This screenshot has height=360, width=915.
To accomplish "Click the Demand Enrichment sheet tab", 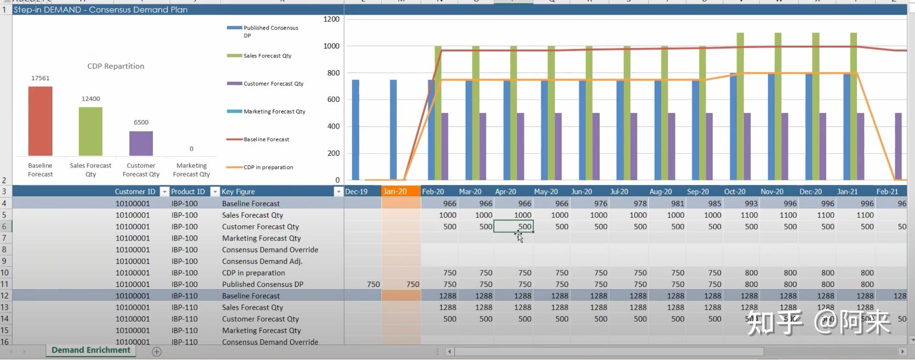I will click(91, 350).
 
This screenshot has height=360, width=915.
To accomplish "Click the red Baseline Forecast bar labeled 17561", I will click(40, 121).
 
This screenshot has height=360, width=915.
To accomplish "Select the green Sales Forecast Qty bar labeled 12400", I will click(91, 131).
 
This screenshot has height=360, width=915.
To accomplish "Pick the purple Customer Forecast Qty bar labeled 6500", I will click(141, 143).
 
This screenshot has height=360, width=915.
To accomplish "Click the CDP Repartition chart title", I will click(116, 66).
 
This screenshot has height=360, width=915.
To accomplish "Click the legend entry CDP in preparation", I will click(268, 167).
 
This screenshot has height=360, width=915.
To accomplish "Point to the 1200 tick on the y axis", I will click(331, 19).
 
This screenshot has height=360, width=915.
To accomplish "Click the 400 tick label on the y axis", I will click(333, 126).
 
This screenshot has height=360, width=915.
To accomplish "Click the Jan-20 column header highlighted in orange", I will click(395, 192).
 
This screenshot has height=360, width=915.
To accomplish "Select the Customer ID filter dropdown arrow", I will click(164, 192).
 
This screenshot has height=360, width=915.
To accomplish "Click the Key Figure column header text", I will click(238, 192).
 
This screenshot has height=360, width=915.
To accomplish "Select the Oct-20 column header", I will click(734, 192).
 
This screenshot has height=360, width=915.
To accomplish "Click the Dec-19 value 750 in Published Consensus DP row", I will click(373, 284).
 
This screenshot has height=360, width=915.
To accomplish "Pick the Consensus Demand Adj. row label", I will click(262, 261).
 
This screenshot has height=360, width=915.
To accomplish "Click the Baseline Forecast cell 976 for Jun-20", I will click(600, 204).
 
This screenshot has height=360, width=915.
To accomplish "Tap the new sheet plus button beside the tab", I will click(157, 351).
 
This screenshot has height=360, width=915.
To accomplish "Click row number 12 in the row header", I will click(5, 296).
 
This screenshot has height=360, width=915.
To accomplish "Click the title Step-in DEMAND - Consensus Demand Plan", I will click(100, 10).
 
